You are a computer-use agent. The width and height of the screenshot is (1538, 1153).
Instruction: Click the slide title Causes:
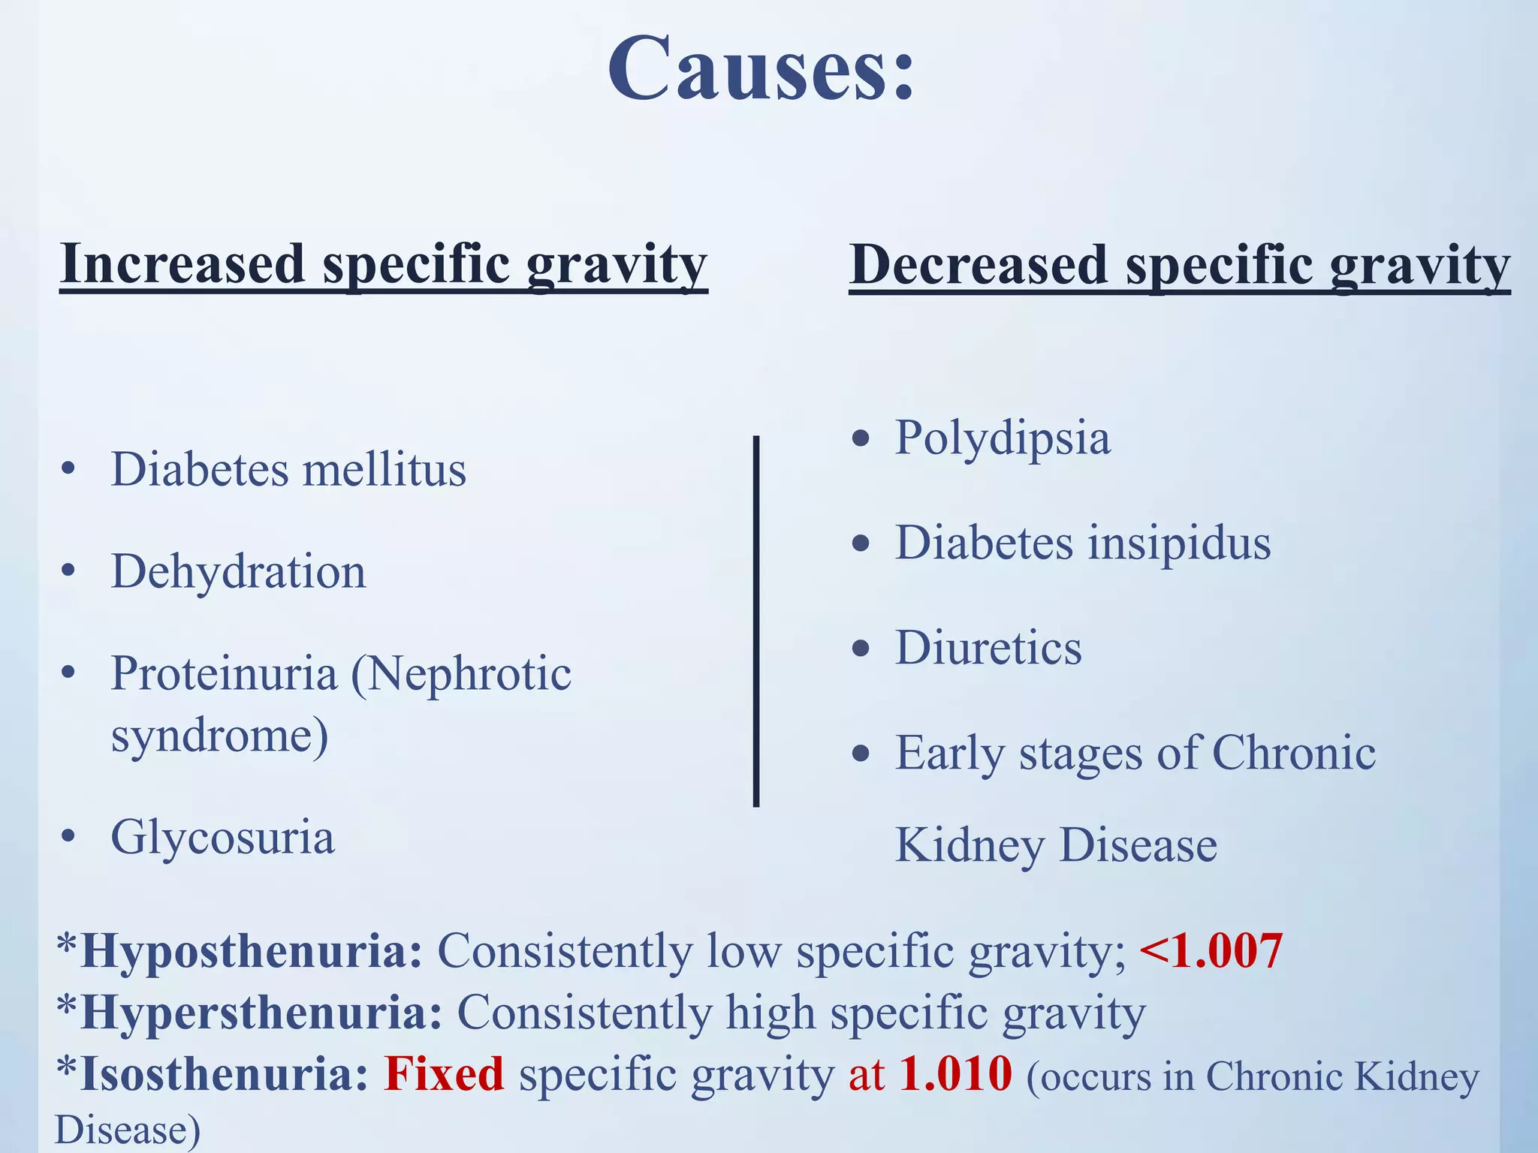point(760,69)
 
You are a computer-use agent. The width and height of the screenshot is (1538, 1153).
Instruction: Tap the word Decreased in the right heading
point(979,266)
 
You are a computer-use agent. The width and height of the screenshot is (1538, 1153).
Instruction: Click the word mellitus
point(384,470)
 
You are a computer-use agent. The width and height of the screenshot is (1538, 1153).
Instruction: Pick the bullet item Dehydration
point(238,572)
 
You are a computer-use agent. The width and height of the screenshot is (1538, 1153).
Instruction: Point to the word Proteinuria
point(224,673)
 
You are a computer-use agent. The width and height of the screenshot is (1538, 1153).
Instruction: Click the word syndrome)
point(219,736)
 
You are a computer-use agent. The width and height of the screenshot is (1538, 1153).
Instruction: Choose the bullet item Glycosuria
point(222,838)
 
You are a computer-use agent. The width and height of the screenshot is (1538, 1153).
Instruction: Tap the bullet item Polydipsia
point(1003,438)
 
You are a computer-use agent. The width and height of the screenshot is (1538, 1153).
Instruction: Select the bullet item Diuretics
point(988,648)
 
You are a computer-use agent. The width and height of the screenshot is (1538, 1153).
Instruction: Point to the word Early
point(949,753)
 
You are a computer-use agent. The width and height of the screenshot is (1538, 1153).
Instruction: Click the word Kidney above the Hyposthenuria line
point(970,846)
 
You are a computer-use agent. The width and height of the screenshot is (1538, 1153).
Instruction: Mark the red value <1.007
point(1211,951)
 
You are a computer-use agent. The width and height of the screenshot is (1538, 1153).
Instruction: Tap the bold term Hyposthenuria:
point(251,952)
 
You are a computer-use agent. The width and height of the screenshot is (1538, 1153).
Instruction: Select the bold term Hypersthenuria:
point(261,1013)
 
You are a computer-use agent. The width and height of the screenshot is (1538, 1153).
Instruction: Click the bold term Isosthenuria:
point(224,1074)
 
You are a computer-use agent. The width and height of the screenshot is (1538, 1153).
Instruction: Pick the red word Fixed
point(444,1074)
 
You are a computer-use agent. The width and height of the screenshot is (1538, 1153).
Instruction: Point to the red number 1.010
point(955,1074)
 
